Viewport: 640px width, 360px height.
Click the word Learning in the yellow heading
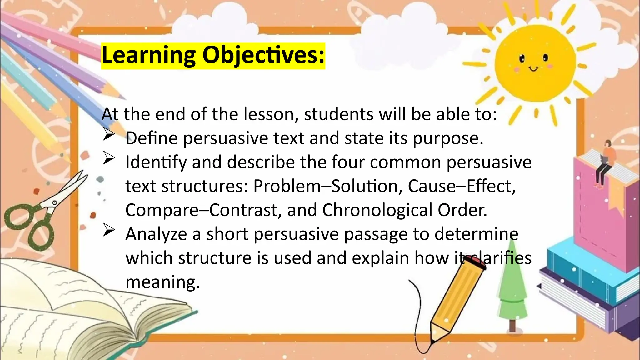coord(148,56)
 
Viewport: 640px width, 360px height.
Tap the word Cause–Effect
coord(461,186)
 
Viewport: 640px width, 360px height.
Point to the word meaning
coord(162,282)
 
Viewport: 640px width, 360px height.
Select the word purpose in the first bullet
coord(448,138)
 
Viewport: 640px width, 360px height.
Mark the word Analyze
coord(156,234)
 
